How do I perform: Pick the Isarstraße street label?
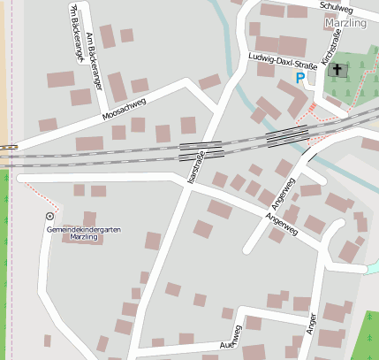click(x=196, y=165)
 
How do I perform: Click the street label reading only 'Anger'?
click(x=311, y=326)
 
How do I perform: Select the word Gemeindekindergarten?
click(x=84, y=230)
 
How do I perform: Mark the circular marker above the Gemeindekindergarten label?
click(x=49, y=216)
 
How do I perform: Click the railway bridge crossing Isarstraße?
click(x=201, y=150)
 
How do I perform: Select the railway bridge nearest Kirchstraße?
click(x=287, y=134)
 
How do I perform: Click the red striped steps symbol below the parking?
click(x=311, y=108)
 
